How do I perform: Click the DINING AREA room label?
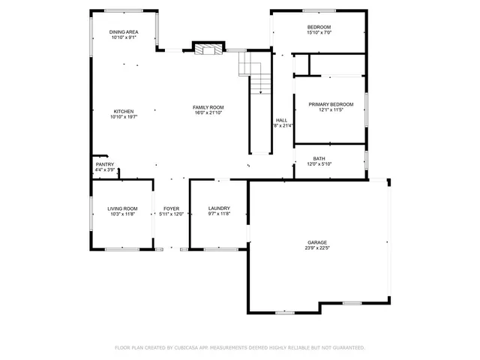click(124, 31)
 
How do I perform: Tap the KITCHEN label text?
click(124, 111)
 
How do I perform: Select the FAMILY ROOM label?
click(208, 107)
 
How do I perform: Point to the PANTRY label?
click(105, 164)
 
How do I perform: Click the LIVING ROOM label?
click(122, 208)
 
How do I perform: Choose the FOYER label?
click(172, 208)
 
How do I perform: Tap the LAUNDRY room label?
click(219, 208)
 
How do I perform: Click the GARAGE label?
click(316, 242)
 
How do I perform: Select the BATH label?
click(319, 158)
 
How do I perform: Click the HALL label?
click(281, 120)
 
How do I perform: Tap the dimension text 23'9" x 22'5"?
click(316, 248)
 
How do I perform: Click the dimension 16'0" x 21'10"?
click(208, 113)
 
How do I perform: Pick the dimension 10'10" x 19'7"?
click(124, 117)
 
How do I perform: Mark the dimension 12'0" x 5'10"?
click(319, 164)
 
